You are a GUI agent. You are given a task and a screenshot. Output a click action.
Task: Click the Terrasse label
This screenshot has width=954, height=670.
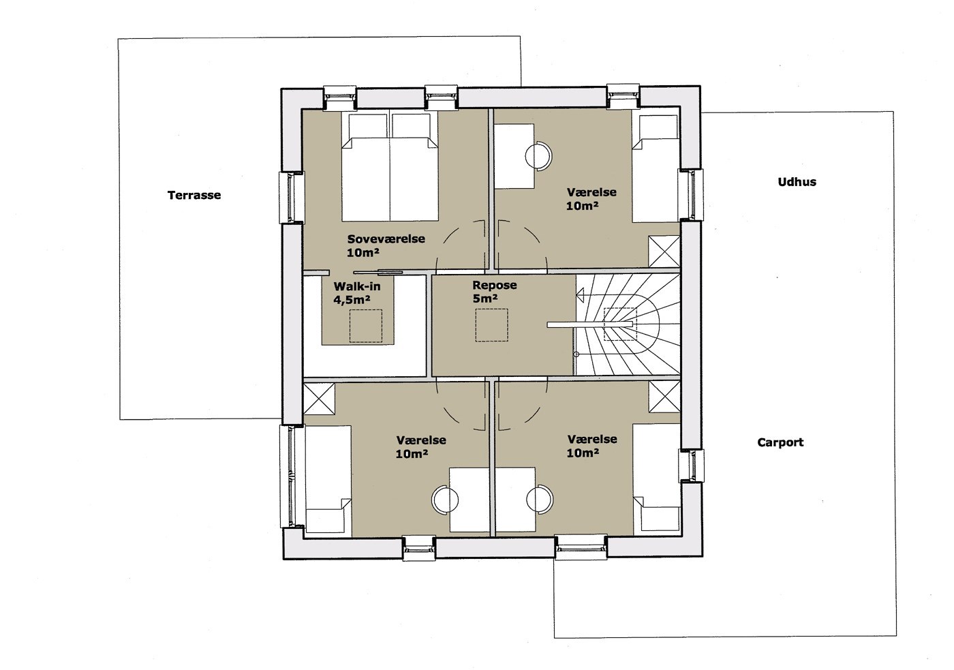pos(194,195)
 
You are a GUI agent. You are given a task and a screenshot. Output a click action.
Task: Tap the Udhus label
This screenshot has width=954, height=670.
pos(797,182)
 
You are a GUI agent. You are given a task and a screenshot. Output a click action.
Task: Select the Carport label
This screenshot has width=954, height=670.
pos(780,442)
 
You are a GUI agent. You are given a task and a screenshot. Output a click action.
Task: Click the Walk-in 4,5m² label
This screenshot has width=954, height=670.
pos(357,292)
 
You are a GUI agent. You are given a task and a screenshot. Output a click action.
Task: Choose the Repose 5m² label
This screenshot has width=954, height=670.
pos(495,291)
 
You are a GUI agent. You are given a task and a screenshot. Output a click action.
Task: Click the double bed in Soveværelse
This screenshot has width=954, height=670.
pos(390,166)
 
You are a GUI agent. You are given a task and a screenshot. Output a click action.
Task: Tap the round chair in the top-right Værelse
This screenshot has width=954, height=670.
pos(538,155)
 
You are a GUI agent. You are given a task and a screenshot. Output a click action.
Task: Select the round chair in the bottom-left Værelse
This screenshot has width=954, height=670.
pos(446,500)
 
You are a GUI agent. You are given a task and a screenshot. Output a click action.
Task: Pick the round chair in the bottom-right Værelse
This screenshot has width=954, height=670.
pos(540,499)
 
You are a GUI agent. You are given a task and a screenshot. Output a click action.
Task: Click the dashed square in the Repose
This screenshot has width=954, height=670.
pos(491,325)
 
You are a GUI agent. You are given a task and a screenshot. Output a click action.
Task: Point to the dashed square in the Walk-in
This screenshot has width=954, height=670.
pos(366,326)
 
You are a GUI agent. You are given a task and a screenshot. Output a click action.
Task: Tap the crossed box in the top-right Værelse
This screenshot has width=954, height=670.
pos(664,252)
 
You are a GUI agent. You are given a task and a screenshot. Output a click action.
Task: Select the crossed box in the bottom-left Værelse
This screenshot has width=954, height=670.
pos(319,398)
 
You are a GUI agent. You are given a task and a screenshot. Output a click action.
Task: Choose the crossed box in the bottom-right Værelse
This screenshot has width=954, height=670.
pos(664,397)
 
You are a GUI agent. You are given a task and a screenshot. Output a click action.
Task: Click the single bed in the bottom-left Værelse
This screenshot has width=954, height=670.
pos(328,479)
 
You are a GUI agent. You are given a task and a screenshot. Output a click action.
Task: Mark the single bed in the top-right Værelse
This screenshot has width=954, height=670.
pos(656,168)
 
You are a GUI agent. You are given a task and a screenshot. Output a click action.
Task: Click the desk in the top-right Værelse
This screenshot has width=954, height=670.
pos(514,156)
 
